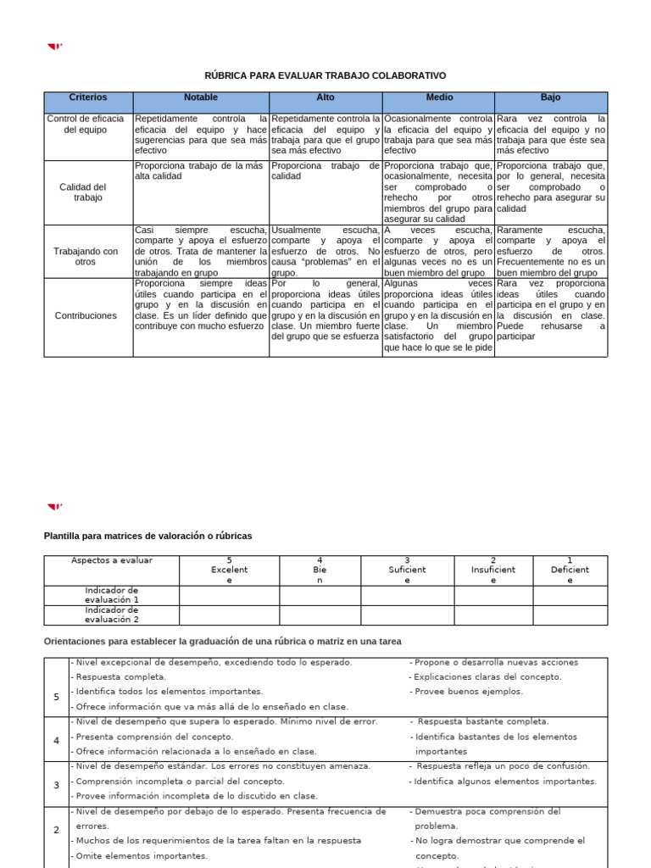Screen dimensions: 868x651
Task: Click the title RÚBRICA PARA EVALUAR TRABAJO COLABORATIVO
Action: [325, 75]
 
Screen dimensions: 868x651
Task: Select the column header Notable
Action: [201, 98]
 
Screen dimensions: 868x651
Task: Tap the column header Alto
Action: [325, 98]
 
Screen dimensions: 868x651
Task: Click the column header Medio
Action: [438, 98]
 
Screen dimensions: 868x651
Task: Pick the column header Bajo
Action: [550, 98]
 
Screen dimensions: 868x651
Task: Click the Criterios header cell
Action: [88, 98]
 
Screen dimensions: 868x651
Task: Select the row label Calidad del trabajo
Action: [88, 192]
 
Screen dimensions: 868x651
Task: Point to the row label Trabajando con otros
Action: [88, 257]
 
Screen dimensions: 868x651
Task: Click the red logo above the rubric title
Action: [55, 47]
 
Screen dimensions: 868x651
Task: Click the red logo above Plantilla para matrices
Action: [55, 507]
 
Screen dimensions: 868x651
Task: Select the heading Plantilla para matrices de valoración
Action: [147, 537]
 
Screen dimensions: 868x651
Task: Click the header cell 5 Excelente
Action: [229, 570]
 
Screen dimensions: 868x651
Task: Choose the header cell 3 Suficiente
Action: [407, 570]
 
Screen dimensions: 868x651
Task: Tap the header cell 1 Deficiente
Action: [570, 570]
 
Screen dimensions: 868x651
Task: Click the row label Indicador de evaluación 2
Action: [111, 615]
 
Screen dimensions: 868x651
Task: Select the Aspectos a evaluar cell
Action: [111, 561]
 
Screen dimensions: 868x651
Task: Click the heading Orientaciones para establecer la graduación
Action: [222, 642]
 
